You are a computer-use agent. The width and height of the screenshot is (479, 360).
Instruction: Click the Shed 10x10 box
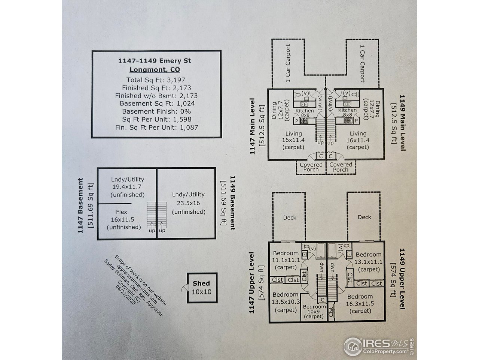coord(202,288)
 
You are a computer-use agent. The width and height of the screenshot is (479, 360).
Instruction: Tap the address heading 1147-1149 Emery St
coord(155,61)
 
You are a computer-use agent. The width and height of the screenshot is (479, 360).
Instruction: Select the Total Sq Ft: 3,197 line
coord(156,80)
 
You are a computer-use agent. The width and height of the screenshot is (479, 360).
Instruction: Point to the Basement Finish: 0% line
coord(156,111)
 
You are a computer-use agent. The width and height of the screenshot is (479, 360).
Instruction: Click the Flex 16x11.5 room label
coord(124,219)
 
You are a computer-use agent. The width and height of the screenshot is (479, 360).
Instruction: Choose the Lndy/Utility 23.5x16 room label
coord(189,203)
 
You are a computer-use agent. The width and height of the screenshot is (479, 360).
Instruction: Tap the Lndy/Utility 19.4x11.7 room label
coord(128,187)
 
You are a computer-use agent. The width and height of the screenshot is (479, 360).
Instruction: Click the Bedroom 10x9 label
coord(314,312)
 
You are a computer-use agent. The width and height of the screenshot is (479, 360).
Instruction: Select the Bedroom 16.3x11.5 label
coord(360,304)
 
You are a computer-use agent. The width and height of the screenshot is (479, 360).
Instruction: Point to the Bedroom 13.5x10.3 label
coord(286,302)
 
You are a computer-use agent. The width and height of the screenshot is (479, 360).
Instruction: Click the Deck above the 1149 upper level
coord(364,217)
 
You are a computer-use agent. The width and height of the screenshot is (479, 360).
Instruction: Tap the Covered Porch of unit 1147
coord(311,167)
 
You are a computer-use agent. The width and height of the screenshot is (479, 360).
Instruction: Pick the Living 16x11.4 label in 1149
coord(358,140)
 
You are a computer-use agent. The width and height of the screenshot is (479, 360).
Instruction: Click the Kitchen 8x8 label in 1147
coord(305,113)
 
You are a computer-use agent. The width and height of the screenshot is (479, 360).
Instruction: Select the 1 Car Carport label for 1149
coord(363,64)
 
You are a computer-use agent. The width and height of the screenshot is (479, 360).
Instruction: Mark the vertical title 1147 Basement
coord(80,205)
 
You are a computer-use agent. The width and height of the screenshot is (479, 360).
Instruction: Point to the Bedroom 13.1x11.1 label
coord(369,262)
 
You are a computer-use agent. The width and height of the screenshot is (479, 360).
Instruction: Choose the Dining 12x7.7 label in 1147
coord(280,110)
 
